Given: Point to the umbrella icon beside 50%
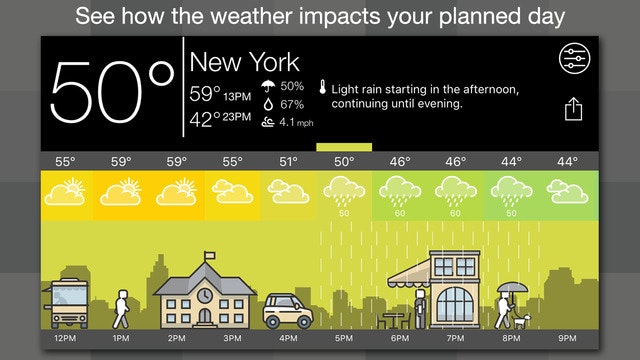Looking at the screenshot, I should point(269,87).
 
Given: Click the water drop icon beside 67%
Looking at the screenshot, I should point(269,104).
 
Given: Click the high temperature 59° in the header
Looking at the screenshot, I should point(205,95).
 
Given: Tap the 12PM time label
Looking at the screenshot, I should point(65,339).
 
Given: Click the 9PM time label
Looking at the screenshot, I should point(568,339).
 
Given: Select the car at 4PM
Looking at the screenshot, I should point(288,313).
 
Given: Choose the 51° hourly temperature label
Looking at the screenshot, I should point(289,161).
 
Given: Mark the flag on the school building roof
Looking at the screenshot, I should point(210,257).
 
